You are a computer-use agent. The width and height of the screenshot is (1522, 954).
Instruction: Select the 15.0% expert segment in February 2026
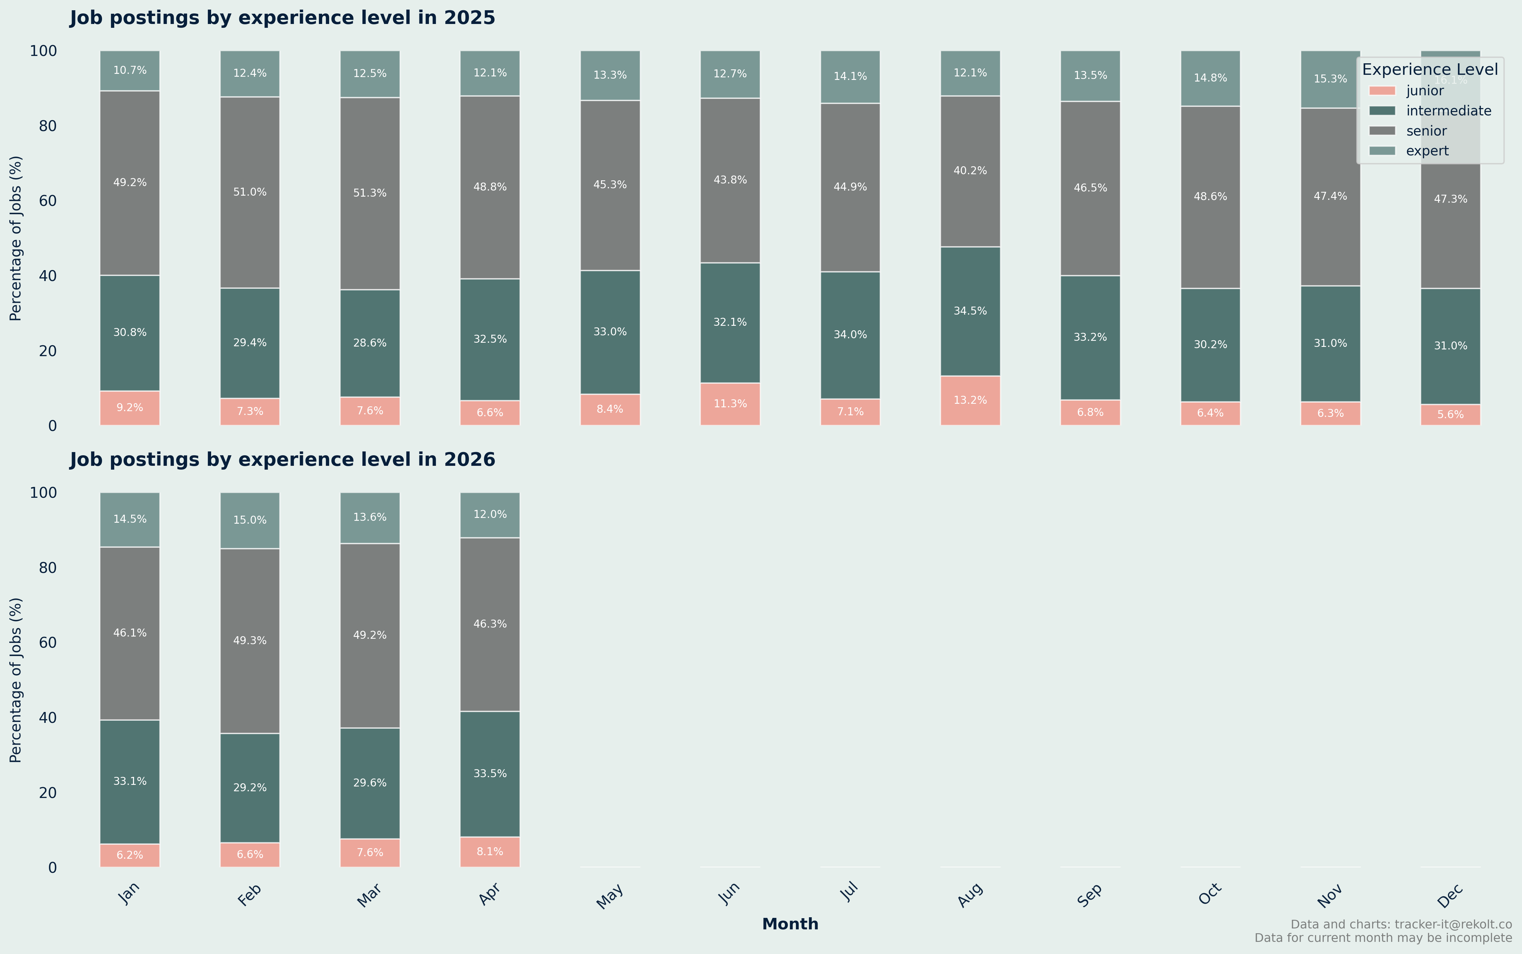(x=250, y=520)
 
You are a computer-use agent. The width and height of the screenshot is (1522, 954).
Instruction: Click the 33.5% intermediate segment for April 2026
(x=490, y=774)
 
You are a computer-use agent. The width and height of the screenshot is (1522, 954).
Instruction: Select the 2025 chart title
(x=282, y=18)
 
